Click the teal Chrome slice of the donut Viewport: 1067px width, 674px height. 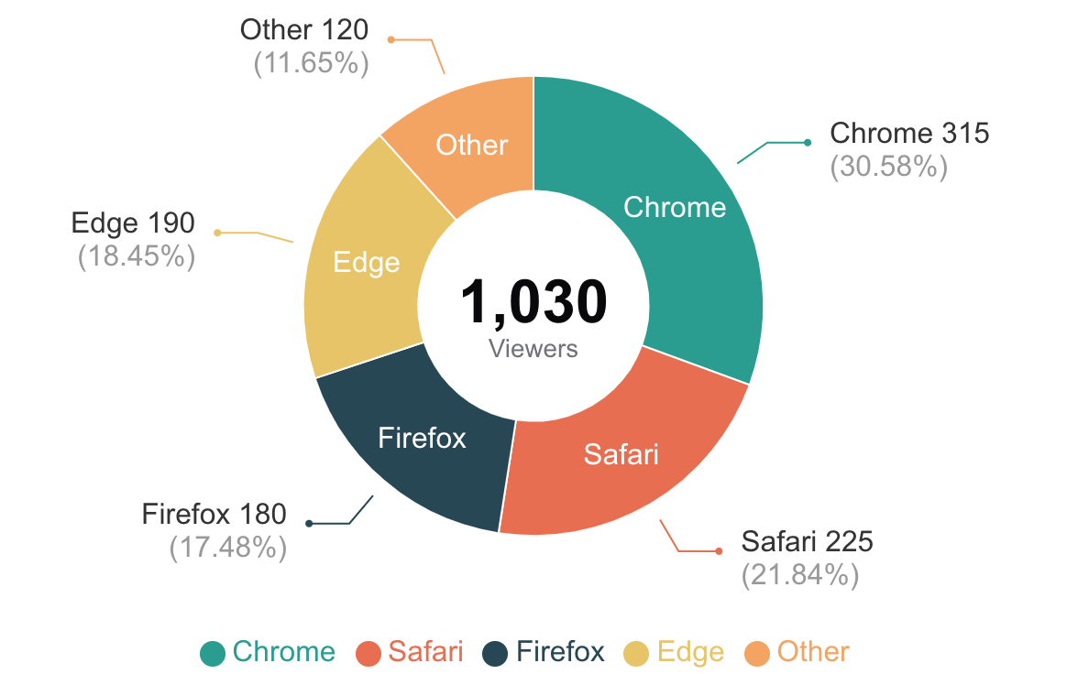click(x=675, y=207)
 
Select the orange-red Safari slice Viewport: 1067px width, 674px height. click(x=621, y=452)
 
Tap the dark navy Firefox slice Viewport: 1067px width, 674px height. click(x=422, y=438)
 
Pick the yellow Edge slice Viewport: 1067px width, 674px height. click(x=366, y=263)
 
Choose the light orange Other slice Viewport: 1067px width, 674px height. click(x=471, y=145)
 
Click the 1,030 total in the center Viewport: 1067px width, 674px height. click(x=533, y=302)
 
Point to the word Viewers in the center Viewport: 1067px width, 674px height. click(x=533, y=349)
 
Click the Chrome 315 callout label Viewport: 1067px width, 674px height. click(x=909, y=134)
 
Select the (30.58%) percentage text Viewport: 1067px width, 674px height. click(x=888, y=168)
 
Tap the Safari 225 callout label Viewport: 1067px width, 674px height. click(x=807, y=541)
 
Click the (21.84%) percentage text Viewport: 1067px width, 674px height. click(x=799, y=575)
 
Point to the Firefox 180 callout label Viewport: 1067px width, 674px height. click(x=214, y=514)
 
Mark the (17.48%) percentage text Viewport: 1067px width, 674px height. click(x=228, y=548)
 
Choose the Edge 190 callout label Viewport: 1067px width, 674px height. click(x=133, y=223)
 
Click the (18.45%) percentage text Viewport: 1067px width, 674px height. click(x=137, y=256)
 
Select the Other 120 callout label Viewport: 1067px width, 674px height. click(x=304, y=30)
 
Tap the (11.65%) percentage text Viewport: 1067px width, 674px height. click(x=311, y=64)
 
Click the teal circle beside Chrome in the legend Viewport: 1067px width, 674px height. click(x=213, y=653)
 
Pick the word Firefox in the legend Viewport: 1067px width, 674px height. click(x=560, y=652)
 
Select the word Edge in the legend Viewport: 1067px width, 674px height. click(x=690, y=652)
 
